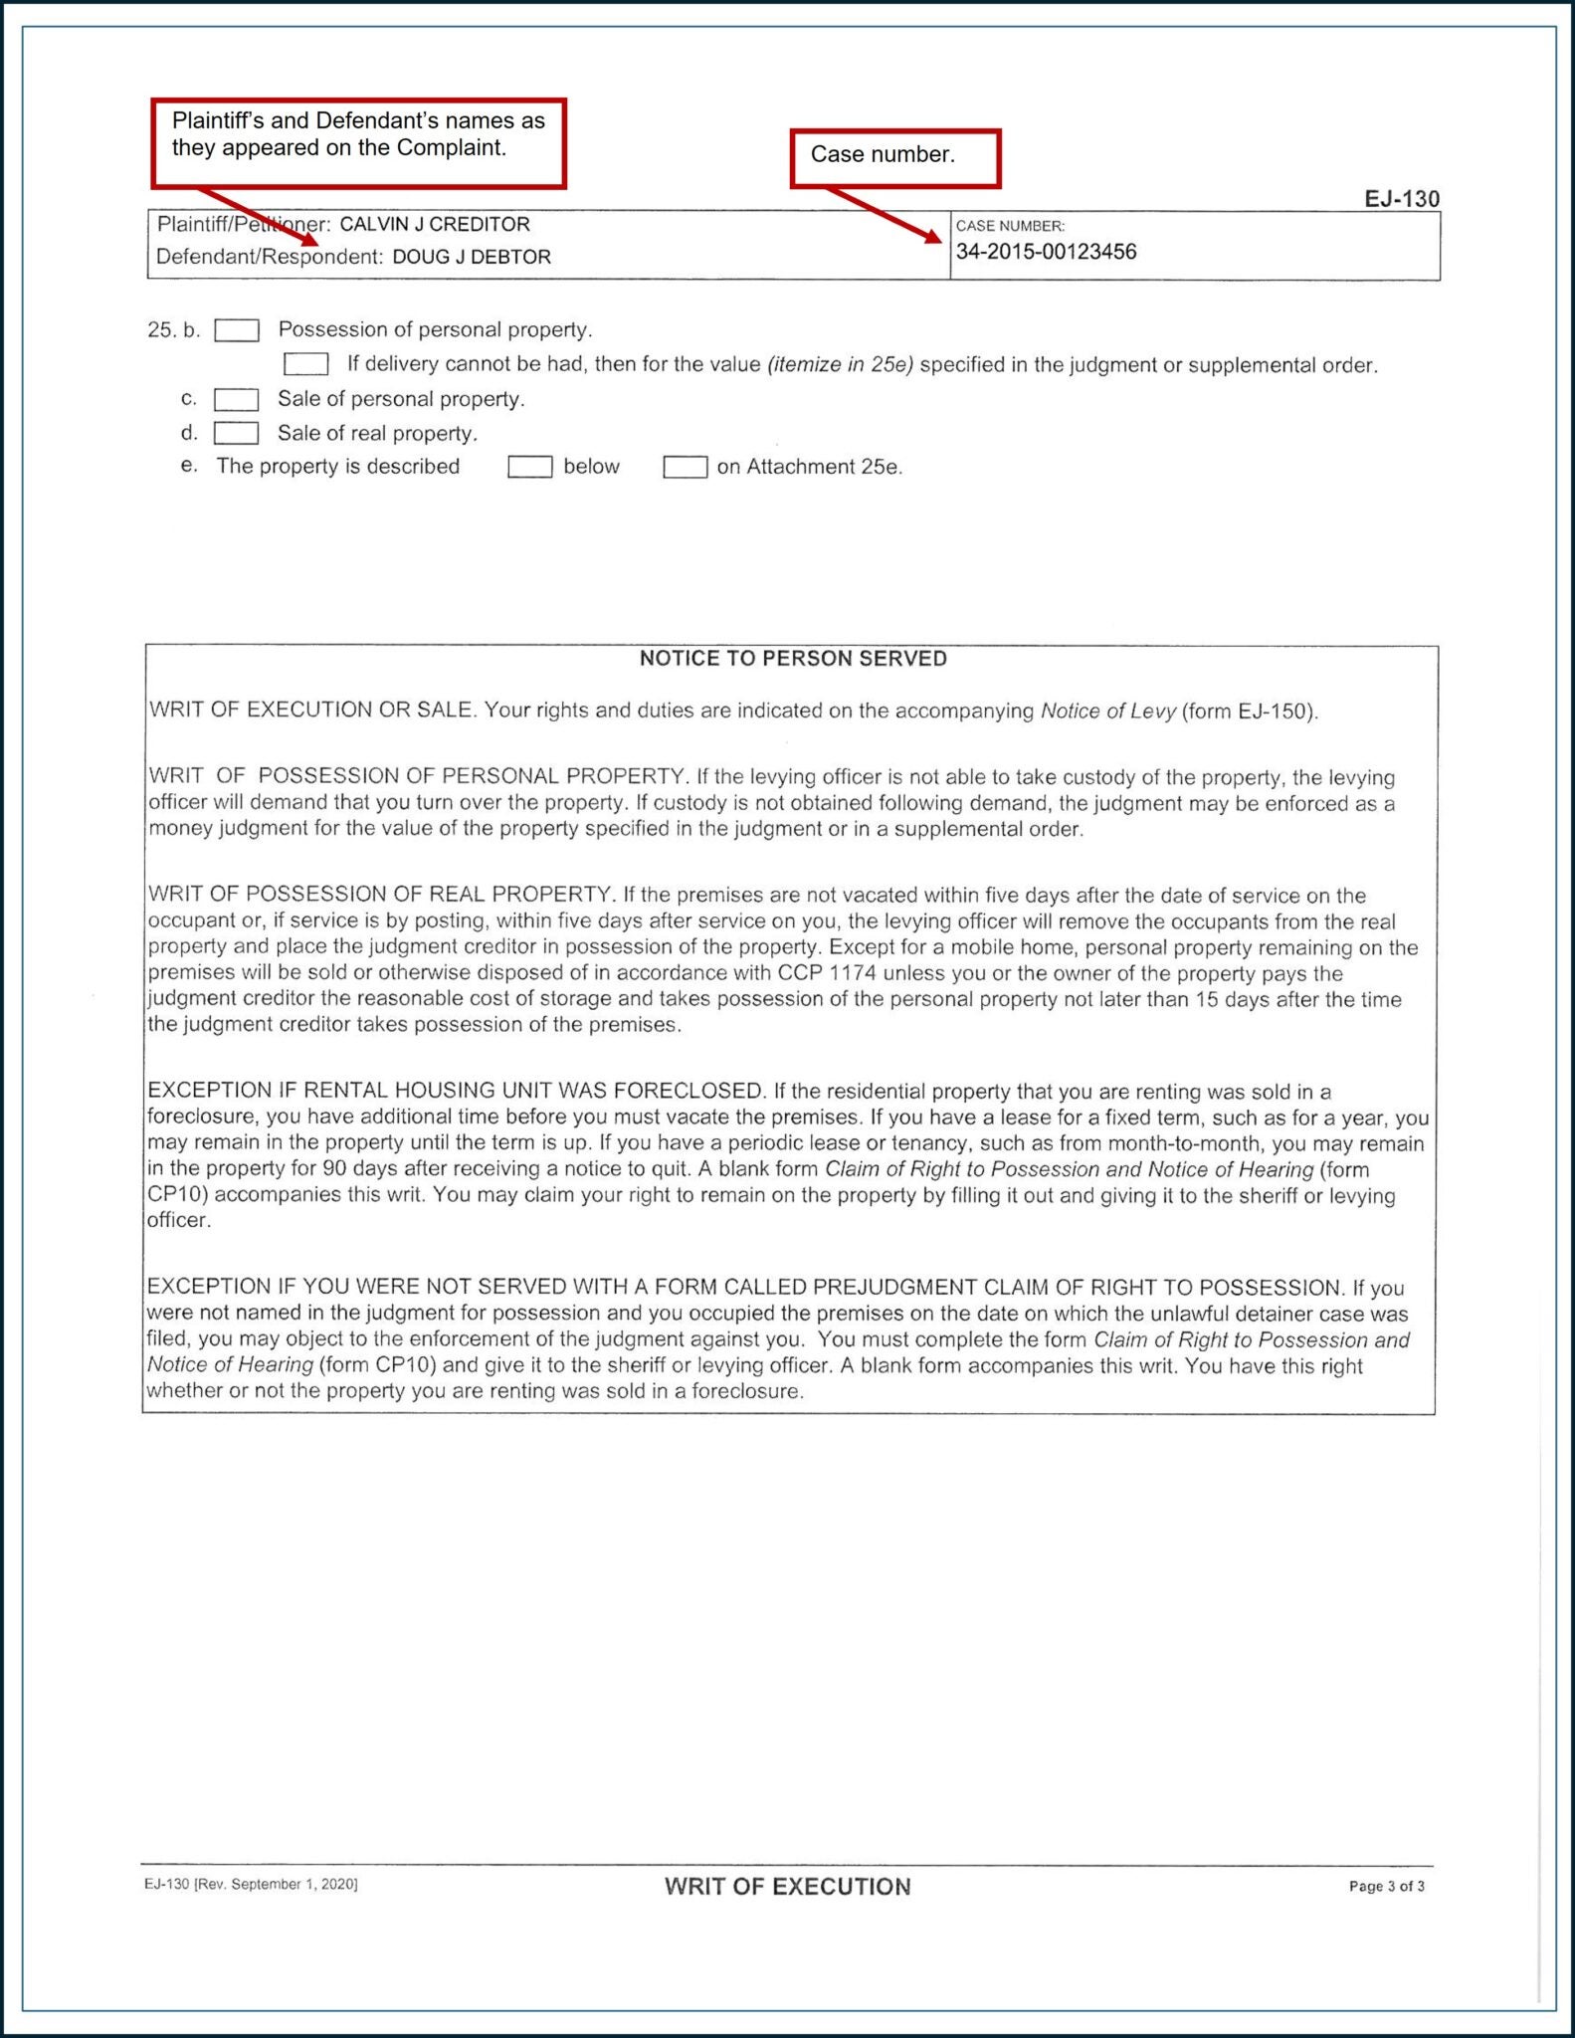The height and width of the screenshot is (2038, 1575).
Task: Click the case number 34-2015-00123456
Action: click(x=1046, y=252)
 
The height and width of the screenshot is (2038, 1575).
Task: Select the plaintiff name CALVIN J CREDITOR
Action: click(x=435, y=225)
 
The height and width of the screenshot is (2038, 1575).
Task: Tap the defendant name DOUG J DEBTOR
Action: click(x=472, y=257)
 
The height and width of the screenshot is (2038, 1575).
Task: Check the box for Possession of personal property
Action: click(x=237, y=330)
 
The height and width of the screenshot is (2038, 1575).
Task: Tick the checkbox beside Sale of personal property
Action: click(x=237, y=400)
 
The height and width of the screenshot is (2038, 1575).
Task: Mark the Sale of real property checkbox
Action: click(x=237, y=434)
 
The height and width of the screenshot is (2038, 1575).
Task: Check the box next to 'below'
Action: click(x=529, y=467)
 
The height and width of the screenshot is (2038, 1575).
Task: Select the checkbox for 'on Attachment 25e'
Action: click(x=686, y=467)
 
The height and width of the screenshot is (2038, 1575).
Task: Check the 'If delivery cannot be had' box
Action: click(x=306, y=364)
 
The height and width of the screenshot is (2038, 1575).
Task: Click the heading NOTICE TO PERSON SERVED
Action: click(x=793, y=659)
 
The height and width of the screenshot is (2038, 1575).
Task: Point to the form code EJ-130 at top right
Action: click(x=1401, y=199)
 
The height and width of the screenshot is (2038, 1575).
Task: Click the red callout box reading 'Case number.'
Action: click(x=894, y=157)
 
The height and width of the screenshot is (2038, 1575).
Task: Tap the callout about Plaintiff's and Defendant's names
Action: click(x=358, y=142)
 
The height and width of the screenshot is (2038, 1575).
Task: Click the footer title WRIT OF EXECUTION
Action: click(x=787, y=1887)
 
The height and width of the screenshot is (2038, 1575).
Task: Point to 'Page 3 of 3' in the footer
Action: click(x=1386, y=1887)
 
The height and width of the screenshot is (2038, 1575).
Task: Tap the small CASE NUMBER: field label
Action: click(x=1010, y=227)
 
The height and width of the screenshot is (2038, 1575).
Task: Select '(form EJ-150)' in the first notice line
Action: click(x=1249, y=712)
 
